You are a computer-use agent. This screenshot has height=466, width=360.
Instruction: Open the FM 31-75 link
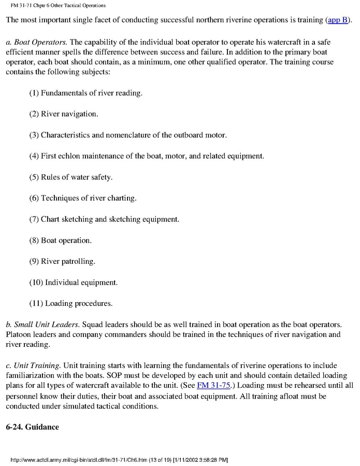click(213, 386)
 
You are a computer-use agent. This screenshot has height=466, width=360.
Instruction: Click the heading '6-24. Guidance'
click(32, 427)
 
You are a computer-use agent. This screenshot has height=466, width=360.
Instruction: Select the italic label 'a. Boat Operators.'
click(36, 41)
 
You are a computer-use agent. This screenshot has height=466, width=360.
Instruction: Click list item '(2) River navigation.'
click(64, 114)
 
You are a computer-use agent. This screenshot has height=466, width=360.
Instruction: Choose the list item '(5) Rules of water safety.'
click(70, 177)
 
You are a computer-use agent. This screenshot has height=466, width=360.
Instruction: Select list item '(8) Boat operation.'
click(60, 240)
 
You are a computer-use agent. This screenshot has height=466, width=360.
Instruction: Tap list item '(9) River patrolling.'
click(62, 261)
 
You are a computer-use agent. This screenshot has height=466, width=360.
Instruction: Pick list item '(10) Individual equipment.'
click(74, 283)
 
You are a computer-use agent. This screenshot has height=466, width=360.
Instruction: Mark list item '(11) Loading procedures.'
click(70, 303)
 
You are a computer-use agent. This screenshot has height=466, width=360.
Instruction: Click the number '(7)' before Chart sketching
click(34, 219)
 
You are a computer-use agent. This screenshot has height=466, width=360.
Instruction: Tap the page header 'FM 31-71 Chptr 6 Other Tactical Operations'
click(58, 5)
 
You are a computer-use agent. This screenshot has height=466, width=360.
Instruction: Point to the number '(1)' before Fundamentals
click(34, 93)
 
